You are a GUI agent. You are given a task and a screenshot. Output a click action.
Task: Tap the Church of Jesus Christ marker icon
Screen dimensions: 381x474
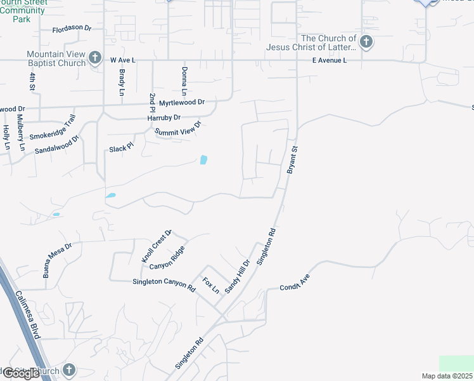[366, 43]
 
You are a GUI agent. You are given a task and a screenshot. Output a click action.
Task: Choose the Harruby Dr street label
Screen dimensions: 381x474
[164, 117]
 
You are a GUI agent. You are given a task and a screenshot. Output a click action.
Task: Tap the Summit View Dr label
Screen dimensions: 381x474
[178, 128]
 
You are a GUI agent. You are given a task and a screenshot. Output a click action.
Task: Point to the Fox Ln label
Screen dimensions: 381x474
[210, 285]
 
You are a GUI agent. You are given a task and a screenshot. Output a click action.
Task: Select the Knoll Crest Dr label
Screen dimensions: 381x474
[157, 246]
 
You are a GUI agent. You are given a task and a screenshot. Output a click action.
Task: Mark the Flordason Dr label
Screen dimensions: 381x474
[72, 29]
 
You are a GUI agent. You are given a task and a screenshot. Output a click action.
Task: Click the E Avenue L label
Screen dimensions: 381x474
[329, 60]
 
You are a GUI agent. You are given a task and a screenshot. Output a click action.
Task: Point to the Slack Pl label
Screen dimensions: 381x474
[122, 147]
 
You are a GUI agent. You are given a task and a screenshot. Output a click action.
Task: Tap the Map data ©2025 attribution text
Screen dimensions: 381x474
[447, 376]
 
